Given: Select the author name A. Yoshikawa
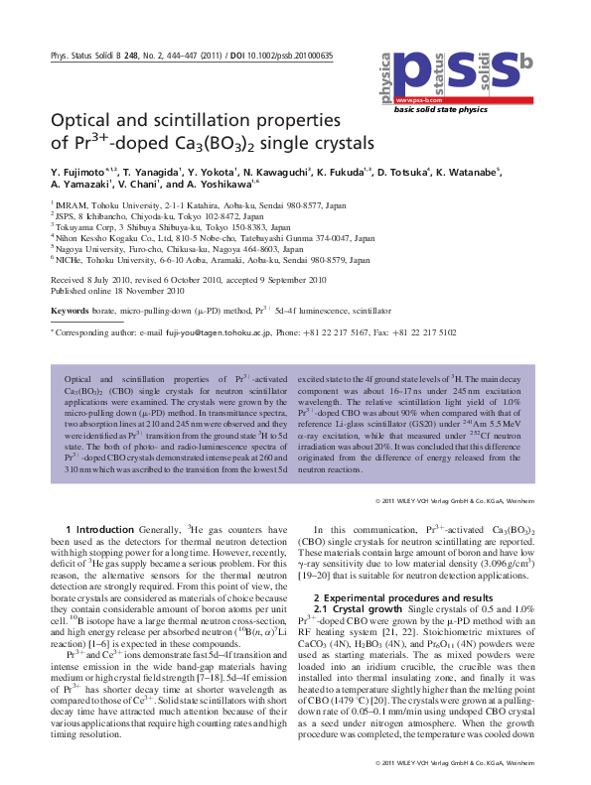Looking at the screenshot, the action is (x=221, y=185).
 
